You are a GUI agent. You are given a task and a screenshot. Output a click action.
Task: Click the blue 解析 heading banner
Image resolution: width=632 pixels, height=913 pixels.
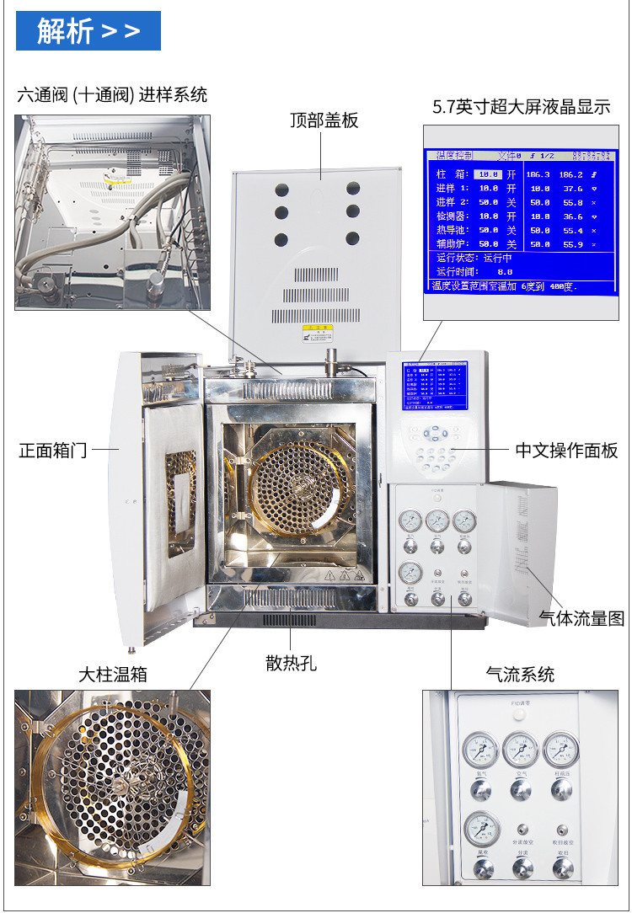(x=88, y=31)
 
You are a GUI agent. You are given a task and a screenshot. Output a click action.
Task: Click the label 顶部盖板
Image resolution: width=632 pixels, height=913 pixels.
(x=324, y=120)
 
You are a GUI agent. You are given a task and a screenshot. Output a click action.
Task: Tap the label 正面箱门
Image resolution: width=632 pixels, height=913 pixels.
(x=52, y=450)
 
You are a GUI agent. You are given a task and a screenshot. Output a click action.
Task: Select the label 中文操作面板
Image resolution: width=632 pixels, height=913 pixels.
(x=566, y=450)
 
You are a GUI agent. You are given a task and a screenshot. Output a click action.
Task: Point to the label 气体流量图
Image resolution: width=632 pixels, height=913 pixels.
(x=581, y=618)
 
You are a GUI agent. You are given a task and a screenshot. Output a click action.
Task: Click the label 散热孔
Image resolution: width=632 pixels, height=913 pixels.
(x=291, y=662)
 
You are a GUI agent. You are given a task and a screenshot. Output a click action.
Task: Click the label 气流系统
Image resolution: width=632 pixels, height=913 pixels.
(x=520, y=674)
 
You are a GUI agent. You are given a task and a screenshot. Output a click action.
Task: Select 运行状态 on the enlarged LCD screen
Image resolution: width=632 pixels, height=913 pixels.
(x=457, y=259)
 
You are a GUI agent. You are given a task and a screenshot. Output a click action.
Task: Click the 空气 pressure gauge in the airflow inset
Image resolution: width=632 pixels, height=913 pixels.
(x=520, y=749)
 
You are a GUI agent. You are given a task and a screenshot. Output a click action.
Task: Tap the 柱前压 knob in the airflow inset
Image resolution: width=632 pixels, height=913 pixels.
(x=560, y=789)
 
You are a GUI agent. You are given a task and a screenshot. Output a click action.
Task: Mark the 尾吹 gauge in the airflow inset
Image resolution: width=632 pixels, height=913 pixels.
(x=483, y=829)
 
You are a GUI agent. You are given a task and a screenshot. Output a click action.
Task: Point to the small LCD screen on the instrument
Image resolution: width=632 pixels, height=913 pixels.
(x=431, y=389)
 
